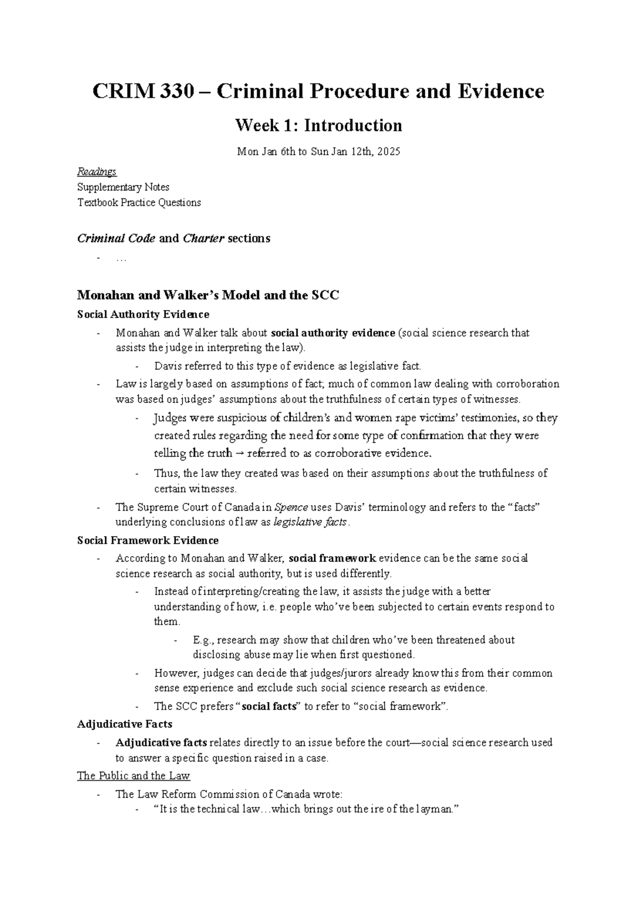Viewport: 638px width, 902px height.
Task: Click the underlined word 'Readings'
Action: (97, 172)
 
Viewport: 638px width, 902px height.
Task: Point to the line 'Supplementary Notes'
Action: (123, 187)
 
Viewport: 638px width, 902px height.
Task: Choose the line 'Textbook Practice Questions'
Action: (139, 203)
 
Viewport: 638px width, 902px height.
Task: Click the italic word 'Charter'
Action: (204, 238)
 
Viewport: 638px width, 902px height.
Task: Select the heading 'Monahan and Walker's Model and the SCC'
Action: (208, 295)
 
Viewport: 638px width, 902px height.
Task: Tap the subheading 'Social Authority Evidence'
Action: (143, 314)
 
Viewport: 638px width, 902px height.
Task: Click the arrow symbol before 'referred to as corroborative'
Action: (240, 454)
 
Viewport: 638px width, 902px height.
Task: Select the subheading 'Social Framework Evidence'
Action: (148, 540)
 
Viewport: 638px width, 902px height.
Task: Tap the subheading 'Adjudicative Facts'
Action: (124, 724)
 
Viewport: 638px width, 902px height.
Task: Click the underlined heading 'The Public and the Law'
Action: (133, 776)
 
